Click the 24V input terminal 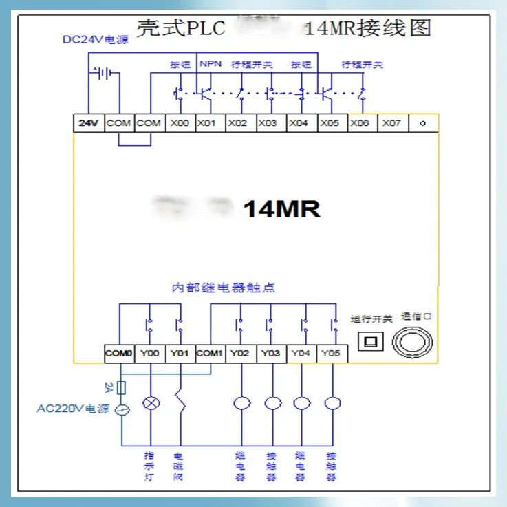(x=88, y=123)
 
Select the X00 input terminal (x=180, y=123)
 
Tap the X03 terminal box (x=269, y=123)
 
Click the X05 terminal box (x=330, y=123)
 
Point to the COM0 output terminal (x=118, y=354)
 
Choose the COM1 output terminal (x=210, y=354)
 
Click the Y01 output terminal (x=180, y=354)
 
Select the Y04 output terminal (x=301, y=354)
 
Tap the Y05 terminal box (x=332, y=354)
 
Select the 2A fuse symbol (x=122, y=388)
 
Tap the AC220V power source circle (x=122, y=410)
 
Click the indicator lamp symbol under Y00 (x=150, y=403)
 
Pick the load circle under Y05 (x=332, y=403)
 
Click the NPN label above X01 (x=210, y=64)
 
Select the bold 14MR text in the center (x=282, y=209)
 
